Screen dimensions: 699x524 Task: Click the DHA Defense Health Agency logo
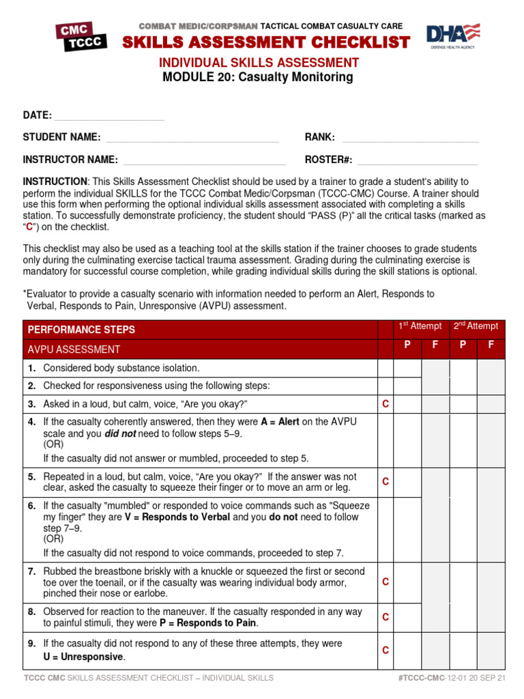453,36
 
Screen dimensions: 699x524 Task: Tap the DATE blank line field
109,117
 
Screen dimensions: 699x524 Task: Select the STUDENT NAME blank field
192,138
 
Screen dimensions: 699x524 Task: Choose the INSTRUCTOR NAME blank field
204,160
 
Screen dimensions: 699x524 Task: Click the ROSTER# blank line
418,160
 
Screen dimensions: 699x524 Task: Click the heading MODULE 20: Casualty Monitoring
258,77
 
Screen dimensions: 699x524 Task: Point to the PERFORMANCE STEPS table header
81,330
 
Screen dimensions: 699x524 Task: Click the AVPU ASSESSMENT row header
74,349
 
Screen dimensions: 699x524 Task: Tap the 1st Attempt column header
420,326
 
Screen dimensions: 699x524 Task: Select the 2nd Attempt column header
476,326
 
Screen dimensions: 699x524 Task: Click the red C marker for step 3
385,404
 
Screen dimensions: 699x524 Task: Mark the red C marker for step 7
385,582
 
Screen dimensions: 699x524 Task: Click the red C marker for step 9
385,651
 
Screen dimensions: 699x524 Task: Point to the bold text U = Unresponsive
84,657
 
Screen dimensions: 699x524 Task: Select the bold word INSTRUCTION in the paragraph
55,182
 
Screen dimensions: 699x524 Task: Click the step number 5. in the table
32,476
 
